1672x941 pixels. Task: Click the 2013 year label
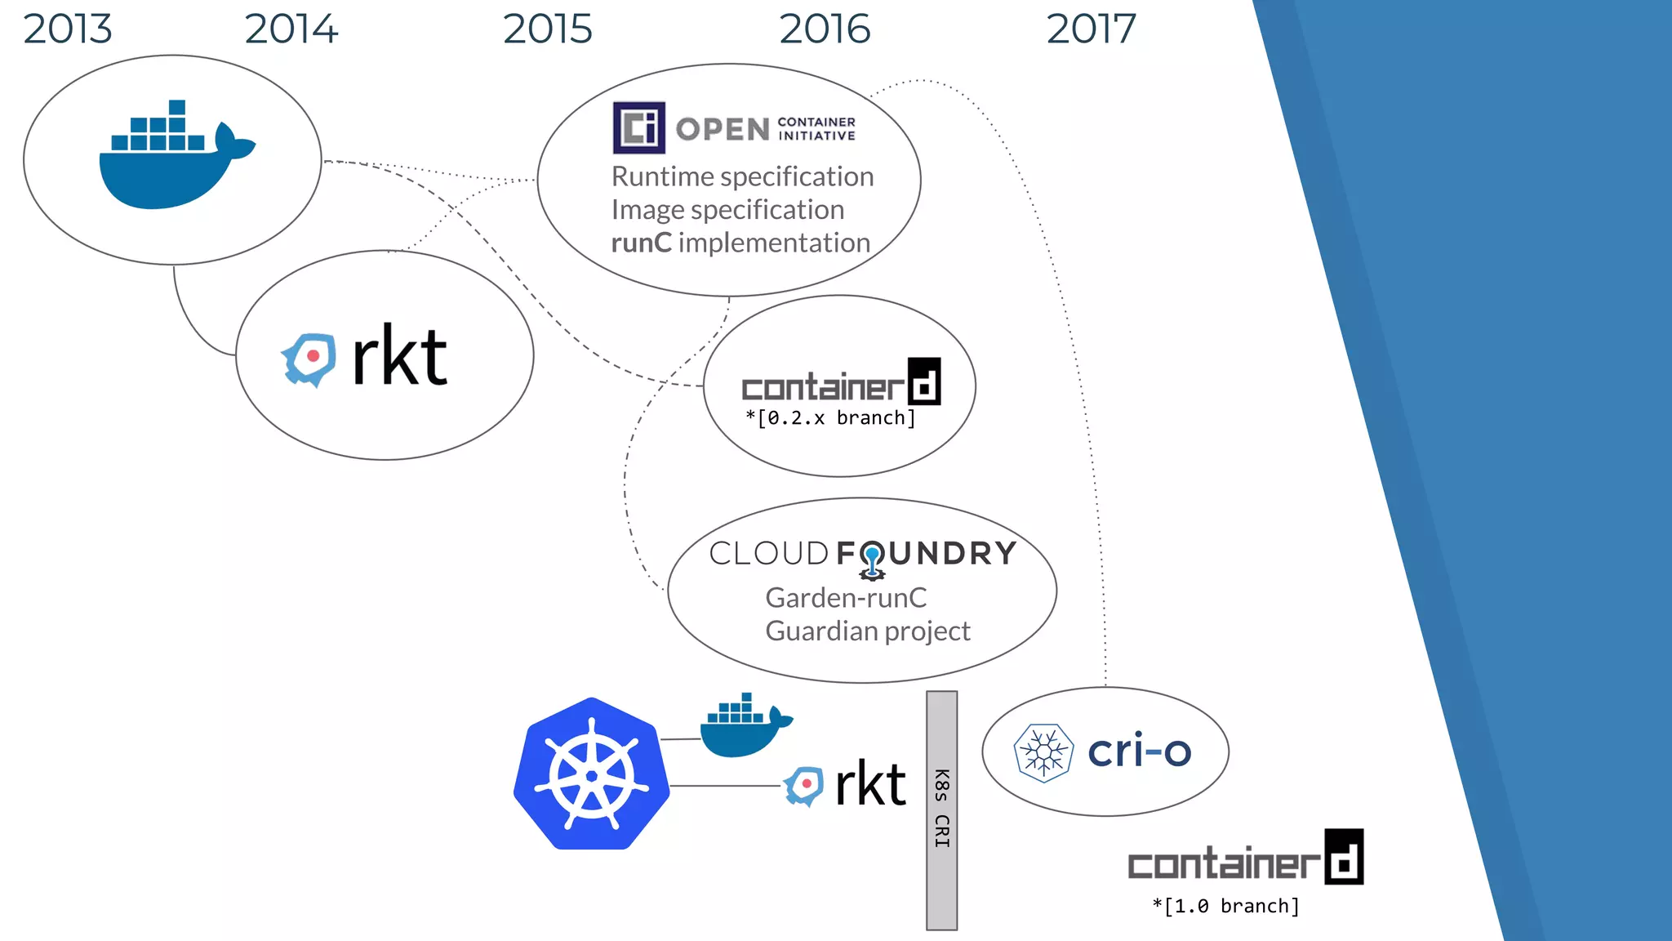tap(67, 29)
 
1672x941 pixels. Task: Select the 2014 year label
tap(291, 29)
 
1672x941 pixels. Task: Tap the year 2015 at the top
tap(547, 29)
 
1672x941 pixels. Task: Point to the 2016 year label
tap(825, 29)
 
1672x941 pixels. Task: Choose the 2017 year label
tap(1091, 29)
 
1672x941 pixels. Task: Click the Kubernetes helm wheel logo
tap(592, 774)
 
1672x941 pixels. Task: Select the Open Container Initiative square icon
tap(638, 127)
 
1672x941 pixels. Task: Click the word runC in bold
tap(641, 243)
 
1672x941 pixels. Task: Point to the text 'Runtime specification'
tap(742, 176)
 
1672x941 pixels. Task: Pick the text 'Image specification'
tap(727, 210)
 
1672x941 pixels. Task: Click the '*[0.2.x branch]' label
tap(830, 418)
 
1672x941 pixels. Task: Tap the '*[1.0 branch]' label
tap(1225, 906)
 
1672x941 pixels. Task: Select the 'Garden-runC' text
tap(846, 598)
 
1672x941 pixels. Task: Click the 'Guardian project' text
tap(867, 631)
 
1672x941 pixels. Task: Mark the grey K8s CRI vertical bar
tap(941, 809)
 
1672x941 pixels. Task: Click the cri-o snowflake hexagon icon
tap(1043, 752)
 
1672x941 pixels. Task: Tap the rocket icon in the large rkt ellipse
tap(309, 359)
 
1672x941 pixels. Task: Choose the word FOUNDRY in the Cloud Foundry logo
tap(927, 554)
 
